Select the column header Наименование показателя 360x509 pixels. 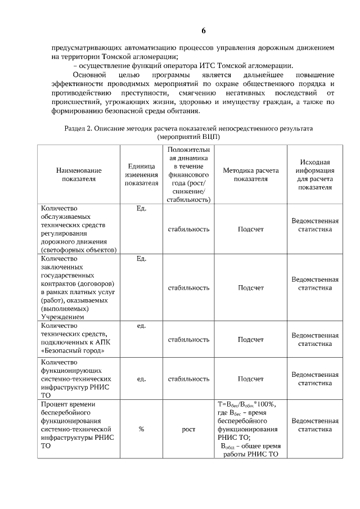point(79,174)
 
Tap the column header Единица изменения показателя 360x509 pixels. point(141,174)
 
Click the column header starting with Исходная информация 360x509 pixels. point(315,174)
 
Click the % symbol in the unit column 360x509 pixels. point(141,429)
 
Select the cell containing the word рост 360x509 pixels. point(188,429)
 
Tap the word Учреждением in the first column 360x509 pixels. point(61,317)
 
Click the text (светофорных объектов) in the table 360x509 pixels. point(79,250)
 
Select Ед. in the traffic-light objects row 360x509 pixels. point(141,209)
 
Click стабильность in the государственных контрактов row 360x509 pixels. point(188,288)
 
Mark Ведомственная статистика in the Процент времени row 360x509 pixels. point(315,425)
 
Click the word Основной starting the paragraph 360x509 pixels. point(90,75)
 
